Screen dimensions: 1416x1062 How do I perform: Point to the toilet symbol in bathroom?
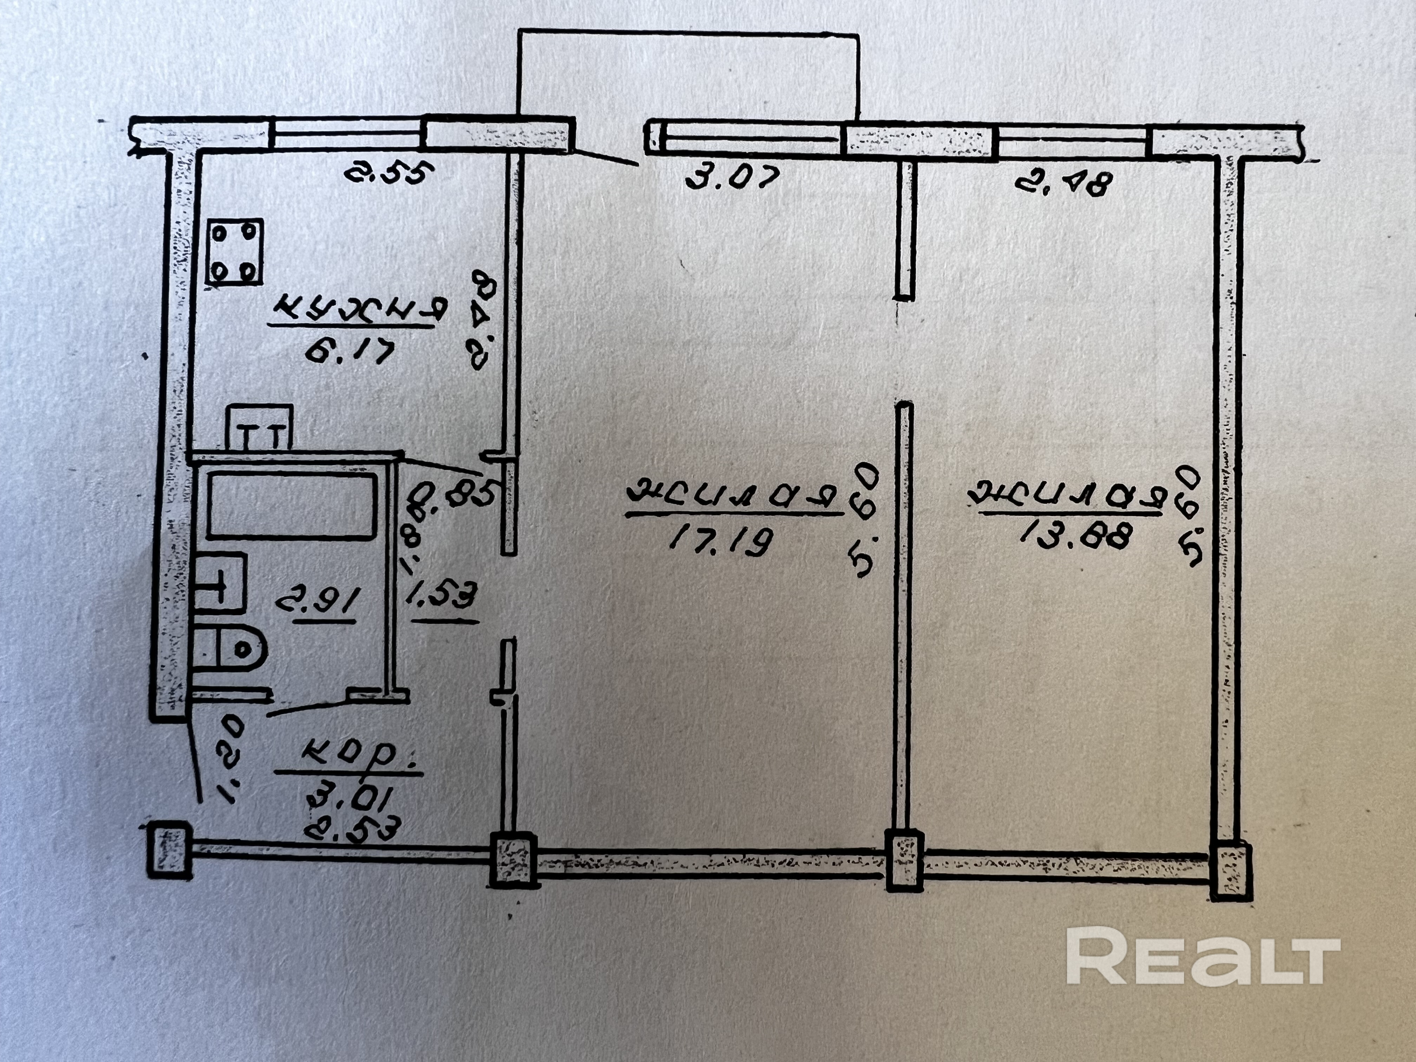click(x=230, y=648)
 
